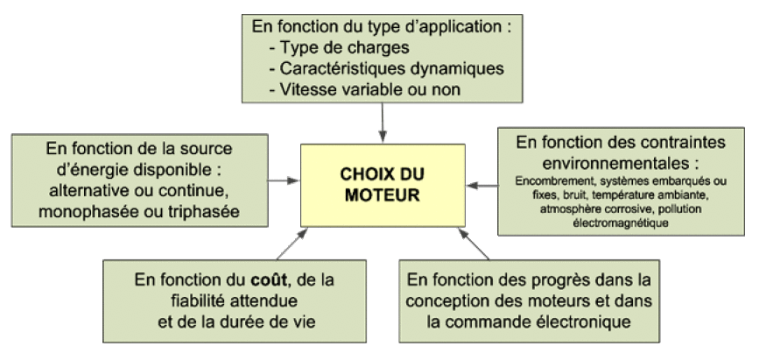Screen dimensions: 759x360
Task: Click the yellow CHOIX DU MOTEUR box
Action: (x=383, y=185)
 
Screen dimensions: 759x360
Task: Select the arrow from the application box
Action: (x=383, y=123)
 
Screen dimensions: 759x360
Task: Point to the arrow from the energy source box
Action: (x=285, y=180)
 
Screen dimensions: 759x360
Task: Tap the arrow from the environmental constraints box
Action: (x=482, y=186)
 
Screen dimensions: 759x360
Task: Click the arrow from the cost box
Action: (x=292, y=244)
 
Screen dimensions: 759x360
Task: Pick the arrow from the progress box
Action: (x=474, y=244)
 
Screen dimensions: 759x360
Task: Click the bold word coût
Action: (x=269, y=280)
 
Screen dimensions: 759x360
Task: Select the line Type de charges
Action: (x=339, y=47)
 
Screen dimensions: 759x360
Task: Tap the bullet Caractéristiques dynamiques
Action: (x=386, y=68)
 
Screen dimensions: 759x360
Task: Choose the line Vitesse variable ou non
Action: (x=364, y=89)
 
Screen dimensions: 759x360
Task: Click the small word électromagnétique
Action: (x=621, y=223)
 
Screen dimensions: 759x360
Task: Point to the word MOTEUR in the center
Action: (x=383, y=195)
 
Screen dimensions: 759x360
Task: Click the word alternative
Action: (x=89, y=190)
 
